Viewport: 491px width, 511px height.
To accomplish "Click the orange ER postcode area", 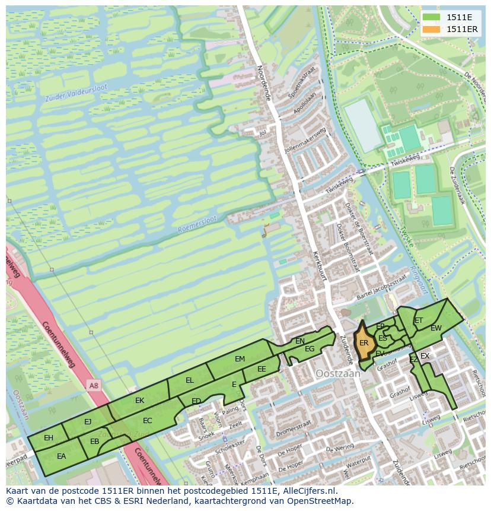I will (x=364, y=343).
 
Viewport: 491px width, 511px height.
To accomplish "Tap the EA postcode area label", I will (x=61, y=456).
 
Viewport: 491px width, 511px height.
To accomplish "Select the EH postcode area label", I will (x=49, y=438).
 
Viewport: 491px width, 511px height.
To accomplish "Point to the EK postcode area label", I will (x=139, y=401).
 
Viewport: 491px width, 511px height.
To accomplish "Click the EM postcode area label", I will (x=240, y=359).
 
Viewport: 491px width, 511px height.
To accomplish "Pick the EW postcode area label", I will (x=436, y=328).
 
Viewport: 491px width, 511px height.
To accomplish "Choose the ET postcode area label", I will (x=419, y=320).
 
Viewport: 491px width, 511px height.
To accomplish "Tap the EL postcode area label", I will (x=190, y=380).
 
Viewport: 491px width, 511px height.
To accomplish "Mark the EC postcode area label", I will (x=148, y=421).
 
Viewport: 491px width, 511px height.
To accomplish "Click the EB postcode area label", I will (x=94, y=442).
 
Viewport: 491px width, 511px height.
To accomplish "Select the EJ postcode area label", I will (x=88, y=422).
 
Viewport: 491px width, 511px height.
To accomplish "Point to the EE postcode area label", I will (x=262, y=369).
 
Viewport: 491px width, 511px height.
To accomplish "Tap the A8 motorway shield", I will (x=94, y=386).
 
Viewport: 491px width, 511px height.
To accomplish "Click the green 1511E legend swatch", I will (x=431, y=17).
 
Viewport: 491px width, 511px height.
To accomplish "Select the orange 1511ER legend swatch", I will (x=431, y=29).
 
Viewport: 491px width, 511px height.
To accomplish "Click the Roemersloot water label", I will (x=198, y=224).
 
